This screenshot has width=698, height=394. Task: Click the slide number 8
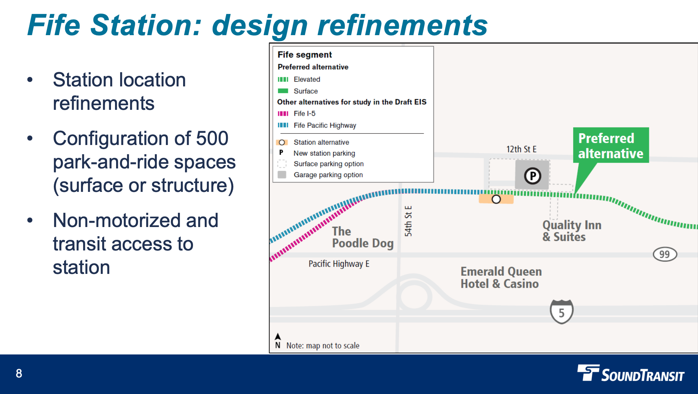pyautogui.click(x=19, y=373)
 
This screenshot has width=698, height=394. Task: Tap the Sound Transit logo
pyautogui.click(x=631, y=373)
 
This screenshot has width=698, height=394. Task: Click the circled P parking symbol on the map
pyautogui.click(x=532, y=176)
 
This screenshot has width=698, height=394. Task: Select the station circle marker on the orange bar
pyautogui.click(x=496, y=199)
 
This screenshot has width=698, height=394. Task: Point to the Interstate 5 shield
pyautogui.click(x=561, y=312)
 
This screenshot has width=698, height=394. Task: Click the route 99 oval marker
pyautogui.click(x=665, y=254)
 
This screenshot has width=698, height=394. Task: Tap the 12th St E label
pyautogui.click(x=521, y=149)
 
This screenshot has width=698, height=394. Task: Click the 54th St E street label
pyautogui.click(x=408, y=221)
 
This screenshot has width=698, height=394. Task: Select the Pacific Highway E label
pyautogui.click(x=339, y=264)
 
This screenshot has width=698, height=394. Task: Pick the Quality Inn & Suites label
pyautogui.click(x=571, y=231)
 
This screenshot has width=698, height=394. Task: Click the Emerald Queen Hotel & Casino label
pyautogui.click(x=501, y=278)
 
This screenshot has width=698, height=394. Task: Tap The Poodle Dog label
pyautogui.click(x=362, y=237)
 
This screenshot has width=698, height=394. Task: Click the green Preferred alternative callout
pyautogui.click(x=610, y=145)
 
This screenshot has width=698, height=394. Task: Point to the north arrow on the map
pyautogui.click(x=278, y=337)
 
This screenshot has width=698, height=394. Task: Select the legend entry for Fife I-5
pyautogui.click(x=304, y=114)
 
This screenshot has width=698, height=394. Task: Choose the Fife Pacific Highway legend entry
pyautogui.click(x=324, y=125)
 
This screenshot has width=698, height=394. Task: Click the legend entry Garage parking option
pyautogui.click(x=328, y=175)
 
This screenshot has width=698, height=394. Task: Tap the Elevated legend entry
pyautogui.click(x=307, y=79)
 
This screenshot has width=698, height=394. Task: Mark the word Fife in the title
pyautogui.click(x=54, y=25)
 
